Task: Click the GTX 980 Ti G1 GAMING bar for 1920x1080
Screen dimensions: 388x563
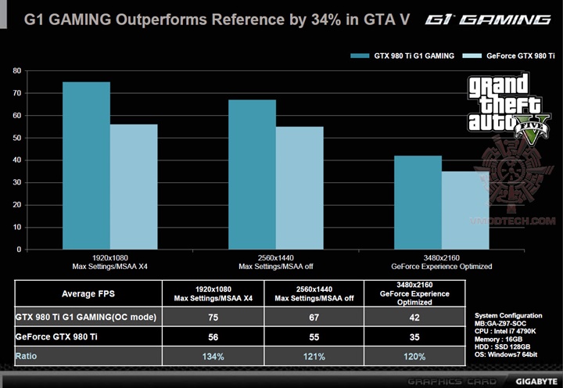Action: (86, 165)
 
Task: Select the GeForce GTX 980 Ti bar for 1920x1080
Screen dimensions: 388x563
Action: (134, 186)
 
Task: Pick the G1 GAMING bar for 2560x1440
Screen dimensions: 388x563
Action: (252, 174)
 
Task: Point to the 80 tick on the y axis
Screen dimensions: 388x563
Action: (16, 70)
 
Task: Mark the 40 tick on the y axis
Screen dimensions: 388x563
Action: (16, 160)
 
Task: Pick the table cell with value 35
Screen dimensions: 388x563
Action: (414, 337)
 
